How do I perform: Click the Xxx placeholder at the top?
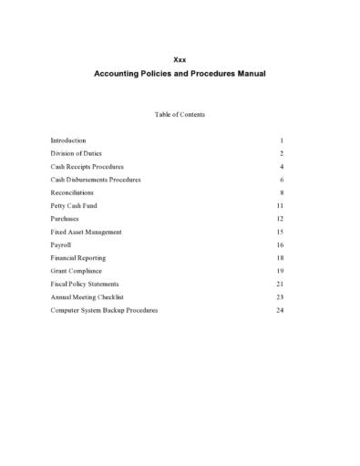(x=180, y=58)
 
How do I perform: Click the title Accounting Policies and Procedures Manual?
(x=180, y=73)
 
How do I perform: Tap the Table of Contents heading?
(x=180, y=115)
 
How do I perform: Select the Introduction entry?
(x=68, y=140)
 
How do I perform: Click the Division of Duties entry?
(x=76, y=154)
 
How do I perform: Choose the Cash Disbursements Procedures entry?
(x=96, y=180)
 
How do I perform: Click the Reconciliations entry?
(x=72, y=193)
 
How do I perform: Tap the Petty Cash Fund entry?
(x=72, y=206)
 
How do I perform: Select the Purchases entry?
(x=65, y=219)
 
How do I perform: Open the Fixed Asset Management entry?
(x=86, y=233)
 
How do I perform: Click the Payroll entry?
(x=62, y=245)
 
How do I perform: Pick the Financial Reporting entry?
(x=77, y=258)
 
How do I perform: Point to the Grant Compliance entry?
(x=76, y=271)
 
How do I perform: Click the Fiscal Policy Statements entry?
(x=85, y=285)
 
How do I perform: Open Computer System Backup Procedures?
(x=104, y=310)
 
